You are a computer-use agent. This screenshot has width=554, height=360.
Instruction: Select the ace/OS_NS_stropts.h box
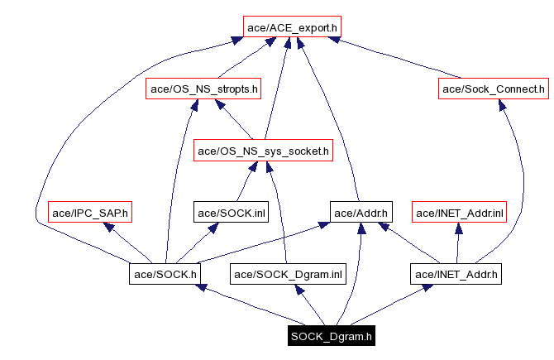pos(203,89)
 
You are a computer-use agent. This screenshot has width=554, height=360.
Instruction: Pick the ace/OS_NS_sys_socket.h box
pos(263,151)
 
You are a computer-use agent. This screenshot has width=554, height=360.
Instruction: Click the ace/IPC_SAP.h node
pos(90,213)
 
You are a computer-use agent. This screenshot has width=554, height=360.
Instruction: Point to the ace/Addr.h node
pos(361,213)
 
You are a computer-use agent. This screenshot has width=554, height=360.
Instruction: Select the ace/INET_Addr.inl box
pos(459,213)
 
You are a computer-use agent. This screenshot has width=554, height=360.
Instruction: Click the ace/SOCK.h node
pos(165,273)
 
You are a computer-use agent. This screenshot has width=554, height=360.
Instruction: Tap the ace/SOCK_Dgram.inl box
pos(287,273)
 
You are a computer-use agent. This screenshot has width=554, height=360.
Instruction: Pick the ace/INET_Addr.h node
pos(456,273)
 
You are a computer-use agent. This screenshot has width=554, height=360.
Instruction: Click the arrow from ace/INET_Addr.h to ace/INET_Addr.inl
pos(458,243)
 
